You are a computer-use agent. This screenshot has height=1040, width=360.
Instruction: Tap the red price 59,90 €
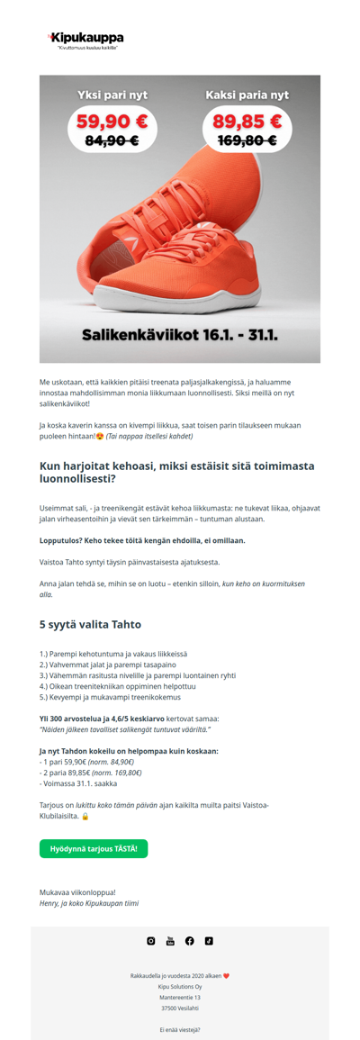point(112,122)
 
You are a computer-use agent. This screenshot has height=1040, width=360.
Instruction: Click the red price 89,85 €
point(247,122)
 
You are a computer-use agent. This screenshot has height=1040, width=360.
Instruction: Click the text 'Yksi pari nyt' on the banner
point(112,95)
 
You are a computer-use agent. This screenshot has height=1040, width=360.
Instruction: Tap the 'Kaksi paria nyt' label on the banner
point(247,95)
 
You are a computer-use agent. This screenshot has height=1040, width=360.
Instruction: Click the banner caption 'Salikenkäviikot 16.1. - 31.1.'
point(179,336)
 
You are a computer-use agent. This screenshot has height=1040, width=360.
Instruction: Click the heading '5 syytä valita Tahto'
point(90,624)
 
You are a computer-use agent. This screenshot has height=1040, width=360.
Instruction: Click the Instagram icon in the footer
point(151,941)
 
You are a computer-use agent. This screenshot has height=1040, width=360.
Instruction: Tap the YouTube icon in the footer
point(170,941)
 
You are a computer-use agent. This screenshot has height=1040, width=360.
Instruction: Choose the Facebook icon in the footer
point(189,941)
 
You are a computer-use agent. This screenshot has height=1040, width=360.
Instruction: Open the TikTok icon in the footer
point(208,941)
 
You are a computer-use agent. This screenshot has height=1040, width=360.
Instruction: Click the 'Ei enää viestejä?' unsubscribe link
point(180,1029)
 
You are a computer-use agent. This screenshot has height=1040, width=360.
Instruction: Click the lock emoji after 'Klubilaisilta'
point(85,817)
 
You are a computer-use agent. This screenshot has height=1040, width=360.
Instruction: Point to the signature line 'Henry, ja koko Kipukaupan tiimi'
point(89,902)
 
